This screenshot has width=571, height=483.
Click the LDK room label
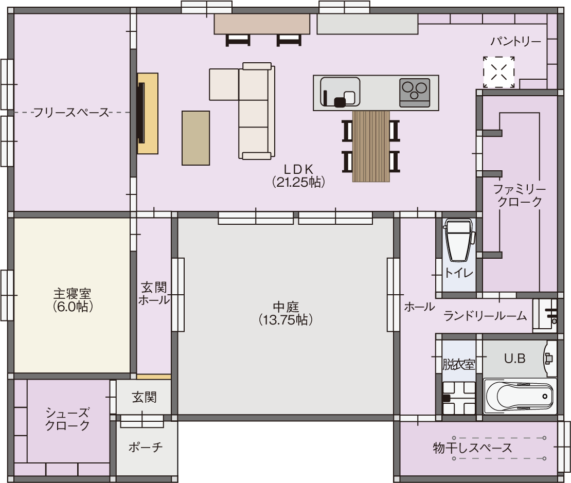(298, 175)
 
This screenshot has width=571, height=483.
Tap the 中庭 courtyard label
(286, 313)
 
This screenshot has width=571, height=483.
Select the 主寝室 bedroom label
(72, 300)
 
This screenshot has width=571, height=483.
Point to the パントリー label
(515, 42)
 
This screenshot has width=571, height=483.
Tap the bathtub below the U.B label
(520, 396)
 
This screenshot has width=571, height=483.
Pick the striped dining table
(371, 146)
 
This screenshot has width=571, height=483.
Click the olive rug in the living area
(195, 138)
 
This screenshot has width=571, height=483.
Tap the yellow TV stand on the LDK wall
(148, 113)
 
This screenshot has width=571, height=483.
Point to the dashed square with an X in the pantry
(499, 72)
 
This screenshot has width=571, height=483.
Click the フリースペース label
(72, 113)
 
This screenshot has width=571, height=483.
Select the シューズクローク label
(67, 419)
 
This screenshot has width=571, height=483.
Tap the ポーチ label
(145, 447)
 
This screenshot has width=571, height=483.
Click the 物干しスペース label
(472, 448)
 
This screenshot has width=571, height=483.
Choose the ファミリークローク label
(519, 195)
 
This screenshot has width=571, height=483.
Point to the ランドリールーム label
(485, 315)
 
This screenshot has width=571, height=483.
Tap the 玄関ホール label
(154, 294)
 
